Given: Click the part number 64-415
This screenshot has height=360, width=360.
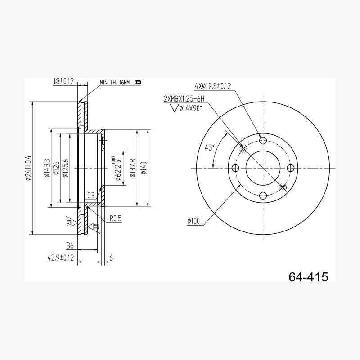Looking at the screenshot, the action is [308, 277].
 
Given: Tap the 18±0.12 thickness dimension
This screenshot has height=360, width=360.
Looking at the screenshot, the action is [63, 81].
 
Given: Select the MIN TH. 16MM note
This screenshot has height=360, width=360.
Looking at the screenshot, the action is [115, 82].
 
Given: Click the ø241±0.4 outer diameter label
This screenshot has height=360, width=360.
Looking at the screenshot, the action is [28, 168].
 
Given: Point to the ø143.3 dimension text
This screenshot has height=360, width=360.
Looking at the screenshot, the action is [47, 168].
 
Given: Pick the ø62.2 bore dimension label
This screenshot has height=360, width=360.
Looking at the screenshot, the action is [118, 168].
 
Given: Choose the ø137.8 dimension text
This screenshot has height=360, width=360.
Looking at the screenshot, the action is [133, 168].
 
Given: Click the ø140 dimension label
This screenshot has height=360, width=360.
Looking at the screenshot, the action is [144, 168].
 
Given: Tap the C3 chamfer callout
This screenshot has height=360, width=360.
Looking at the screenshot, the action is [91, 195].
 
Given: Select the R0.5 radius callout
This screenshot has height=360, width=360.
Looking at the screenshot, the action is [115, 218].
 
